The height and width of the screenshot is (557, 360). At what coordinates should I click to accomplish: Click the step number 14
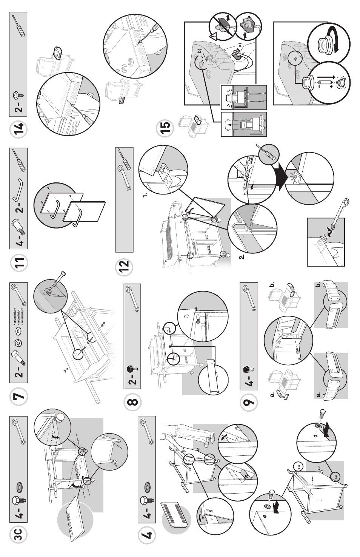click(x=18, y=129)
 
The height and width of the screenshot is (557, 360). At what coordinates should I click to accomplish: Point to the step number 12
click(x=125, y=267)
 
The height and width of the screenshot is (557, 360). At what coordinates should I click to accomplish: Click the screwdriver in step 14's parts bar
click(x=18, y=25)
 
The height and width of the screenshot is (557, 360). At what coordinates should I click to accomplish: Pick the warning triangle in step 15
click(x=213, y=36)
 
